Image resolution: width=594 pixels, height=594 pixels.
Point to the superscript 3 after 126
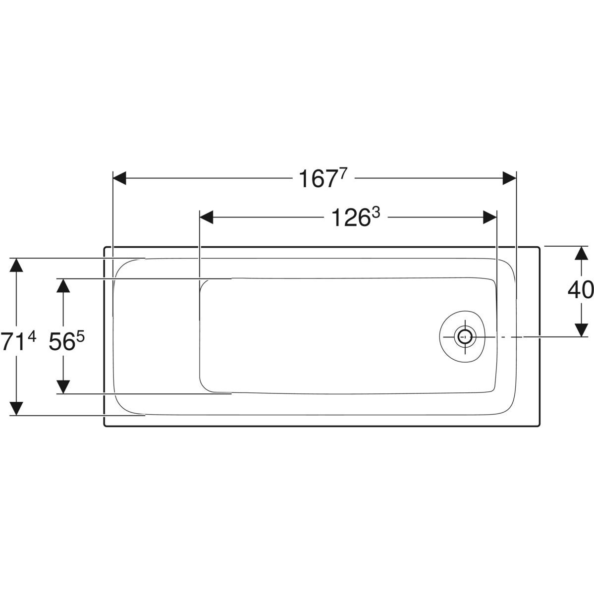[376, 214]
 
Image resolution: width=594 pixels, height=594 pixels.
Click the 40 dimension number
[581, 290]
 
